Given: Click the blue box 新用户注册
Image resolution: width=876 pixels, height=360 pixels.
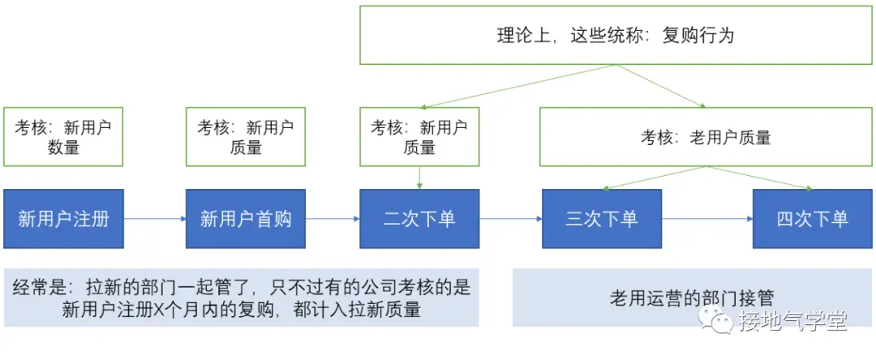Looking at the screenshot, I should pyautogui.click(x=63, y=219).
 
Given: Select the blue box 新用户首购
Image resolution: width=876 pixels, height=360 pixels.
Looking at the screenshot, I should pyautogui.click(x=246, y=219).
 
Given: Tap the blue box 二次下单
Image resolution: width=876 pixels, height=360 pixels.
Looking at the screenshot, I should pyautogui.click(x=419, y=219).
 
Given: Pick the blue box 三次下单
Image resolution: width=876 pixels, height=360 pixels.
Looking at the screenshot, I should pyautogui.click(x=601, y=219).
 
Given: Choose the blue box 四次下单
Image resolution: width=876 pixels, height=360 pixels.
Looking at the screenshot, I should pyautogui.click(x=813, y=219).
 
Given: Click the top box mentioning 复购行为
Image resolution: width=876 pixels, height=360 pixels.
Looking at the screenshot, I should pyautogui.click(x=616, y=36).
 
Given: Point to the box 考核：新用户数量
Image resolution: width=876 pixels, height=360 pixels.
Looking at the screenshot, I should pyautogui.click(x=63, y=137).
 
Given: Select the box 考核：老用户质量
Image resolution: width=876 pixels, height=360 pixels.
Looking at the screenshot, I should pyautogui.click(x=706, y=137).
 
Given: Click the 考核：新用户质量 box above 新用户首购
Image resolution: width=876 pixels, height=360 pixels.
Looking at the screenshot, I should pyautogui.click(x=246, y=137).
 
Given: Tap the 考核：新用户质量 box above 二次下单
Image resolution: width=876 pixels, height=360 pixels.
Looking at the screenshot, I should pyautogui.click(x=419, y=137).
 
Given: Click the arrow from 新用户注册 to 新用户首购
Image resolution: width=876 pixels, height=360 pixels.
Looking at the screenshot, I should pyautogui.click(x=154, y=219).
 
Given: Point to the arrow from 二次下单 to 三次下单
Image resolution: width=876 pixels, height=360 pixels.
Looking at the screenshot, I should pyautogui.click(x=510, y=219).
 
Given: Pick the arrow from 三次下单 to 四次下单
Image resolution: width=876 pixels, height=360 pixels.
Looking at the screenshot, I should pyautogui.click(x=706, y=219).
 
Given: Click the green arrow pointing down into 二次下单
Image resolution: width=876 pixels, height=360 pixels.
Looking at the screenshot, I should pyautogui.click(x=419, y=178).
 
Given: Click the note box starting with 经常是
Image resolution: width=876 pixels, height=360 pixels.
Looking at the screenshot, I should pyautogui.click(x=242, y=298).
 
